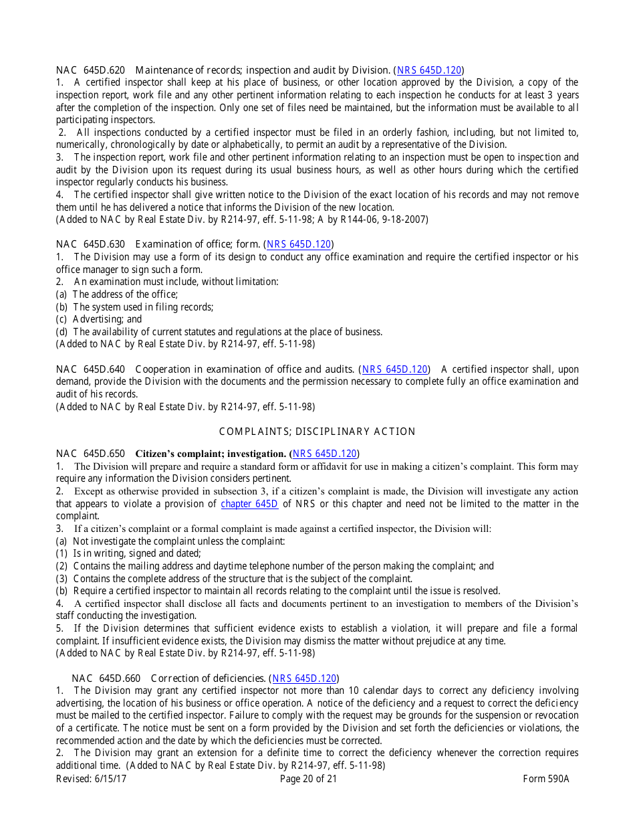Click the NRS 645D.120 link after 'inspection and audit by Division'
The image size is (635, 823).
[428, 70]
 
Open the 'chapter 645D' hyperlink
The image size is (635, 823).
[249, 504]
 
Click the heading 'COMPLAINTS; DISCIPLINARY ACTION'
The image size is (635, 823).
[317, 432]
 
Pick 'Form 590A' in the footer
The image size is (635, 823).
[546, 778]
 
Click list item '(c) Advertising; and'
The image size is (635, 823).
[99, 319]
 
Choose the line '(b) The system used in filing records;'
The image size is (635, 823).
[134, 307]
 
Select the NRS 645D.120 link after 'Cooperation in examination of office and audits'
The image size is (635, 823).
[394, 369]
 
